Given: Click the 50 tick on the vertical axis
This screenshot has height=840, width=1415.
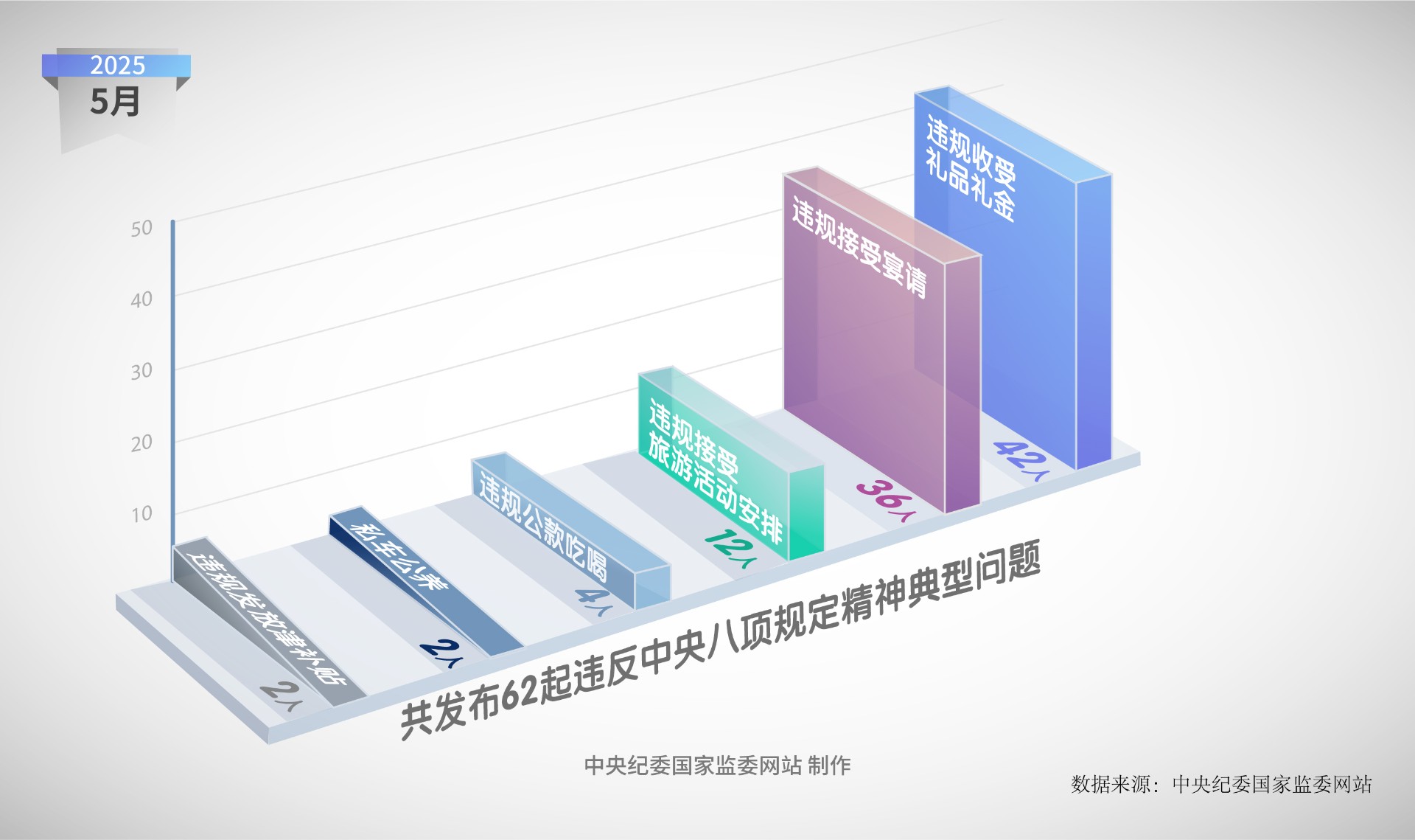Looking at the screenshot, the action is pos(141,229).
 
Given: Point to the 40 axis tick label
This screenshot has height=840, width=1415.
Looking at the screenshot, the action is pos(141,299).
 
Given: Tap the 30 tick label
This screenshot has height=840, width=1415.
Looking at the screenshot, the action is pos(141,371).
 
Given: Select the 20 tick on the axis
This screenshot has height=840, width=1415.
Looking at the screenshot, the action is pos(141,442).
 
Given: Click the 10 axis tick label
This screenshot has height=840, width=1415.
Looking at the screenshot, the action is pos(141,513).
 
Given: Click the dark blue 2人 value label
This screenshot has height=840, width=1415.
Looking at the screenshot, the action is pos(443,653).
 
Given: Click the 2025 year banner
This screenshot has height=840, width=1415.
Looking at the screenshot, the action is pos(116,65).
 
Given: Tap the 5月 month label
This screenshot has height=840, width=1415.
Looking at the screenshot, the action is pos(115,101).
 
